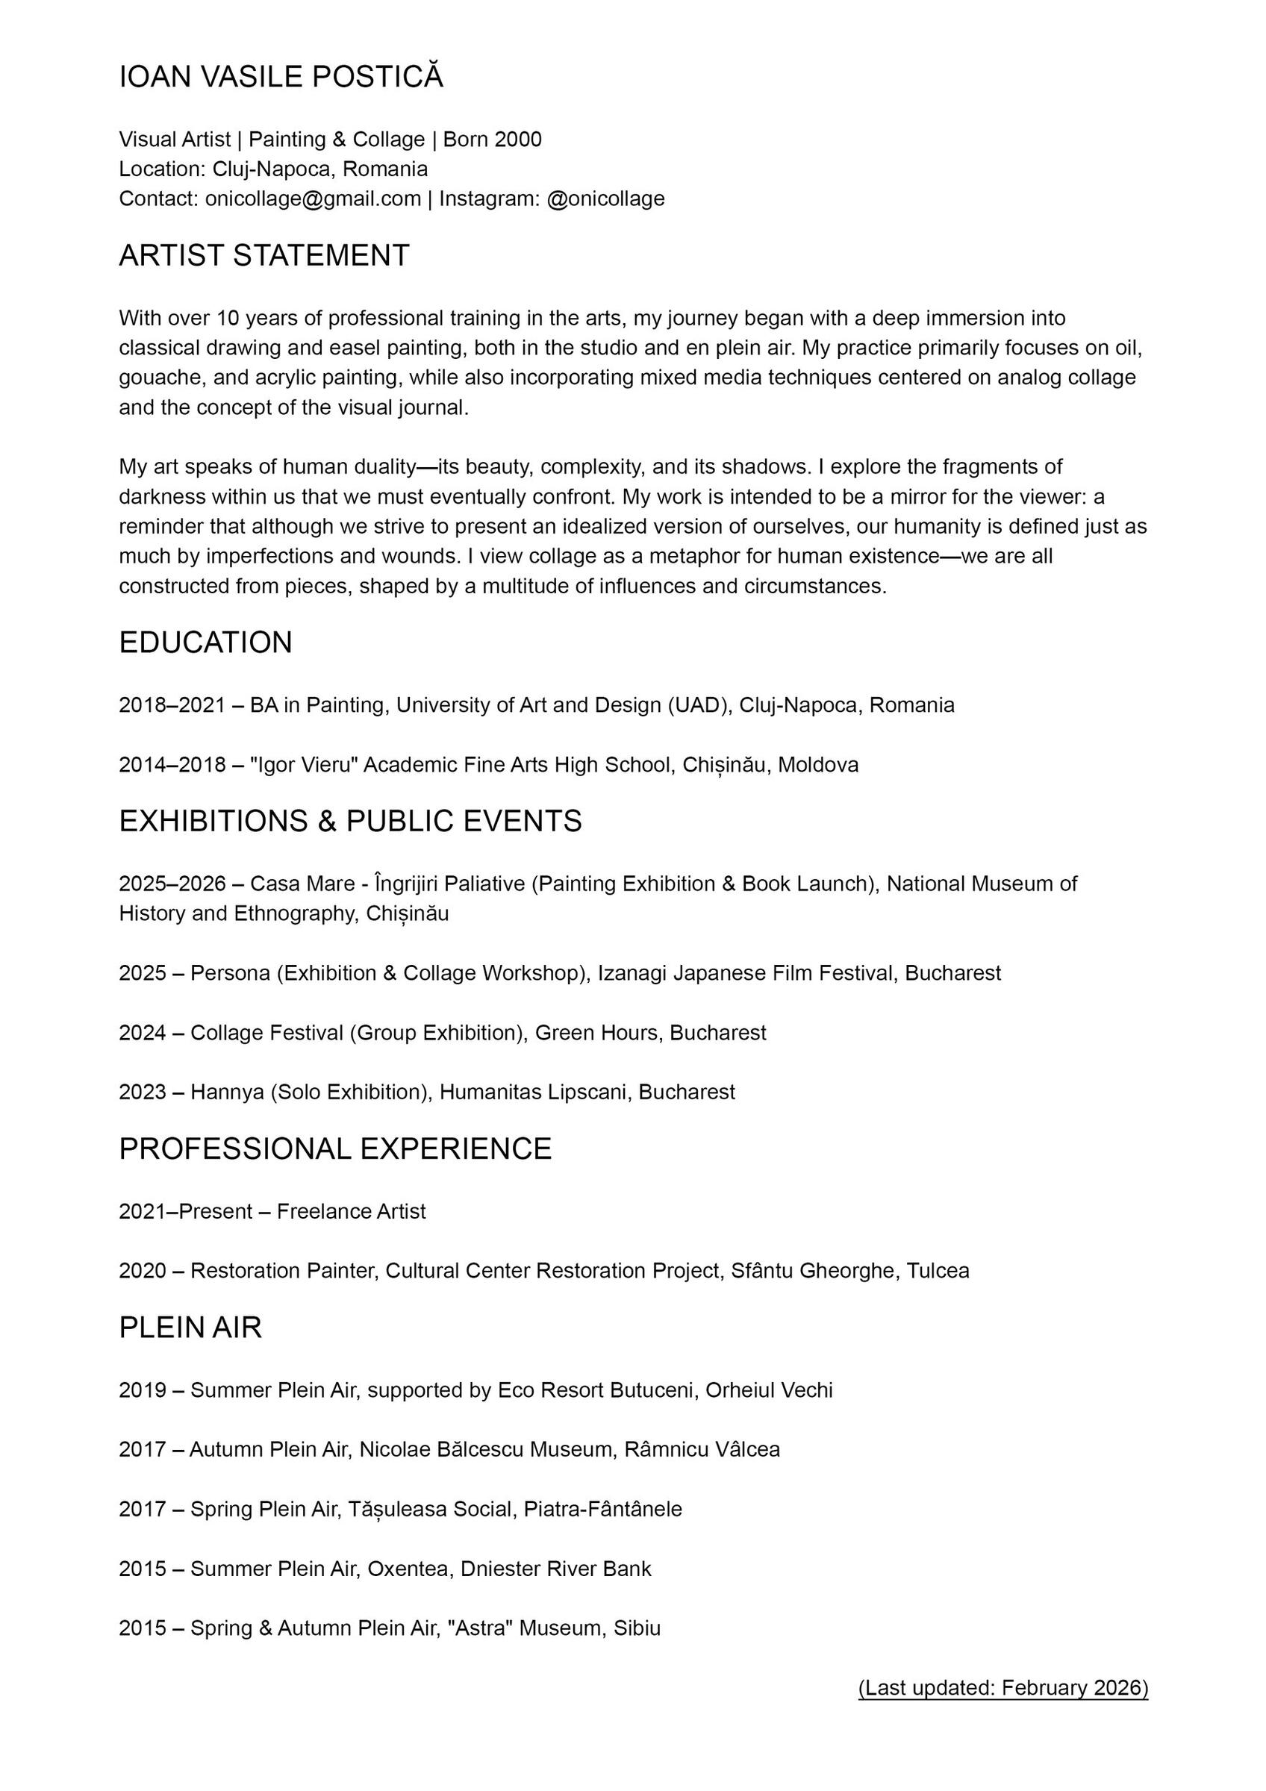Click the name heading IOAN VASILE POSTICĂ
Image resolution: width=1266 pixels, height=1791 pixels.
[x=281, y=77]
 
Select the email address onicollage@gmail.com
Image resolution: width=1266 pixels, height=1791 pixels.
[x=313, y=199]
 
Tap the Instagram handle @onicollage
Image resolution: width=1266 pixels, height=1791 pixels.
[x=605, y=199]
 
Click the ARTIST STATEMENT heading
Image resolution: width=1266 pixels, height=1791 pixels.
[x=264, y=256]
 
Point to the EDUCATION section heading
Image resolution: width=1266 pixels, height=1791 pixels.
[x=205, y=643]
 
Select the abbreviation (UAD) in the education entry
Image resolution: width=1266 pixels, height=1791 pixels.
[x=699, y=705]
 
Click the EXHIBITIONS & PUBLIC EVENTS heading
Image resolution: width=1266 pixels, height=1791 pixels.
[x=350, y=822]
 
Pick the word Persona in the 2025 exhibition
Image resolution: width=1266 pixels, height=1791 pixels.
[x=230, y=974]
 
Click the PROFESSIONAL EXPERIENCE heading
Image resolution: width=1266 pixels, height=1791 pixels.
[x=334, y=1149]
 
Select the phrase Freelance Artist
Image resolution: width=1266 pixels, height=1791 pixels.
[x=351, y=1211]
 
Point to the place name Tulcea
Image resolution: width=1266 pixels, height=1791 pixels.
[x=938, y=1271]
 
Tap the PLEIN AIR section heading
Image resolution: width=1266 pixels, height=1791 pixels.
[x=190, y=1328]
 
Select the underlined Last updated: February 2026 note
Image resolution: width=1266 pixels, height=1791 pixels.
[x=1003, y=1688]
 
